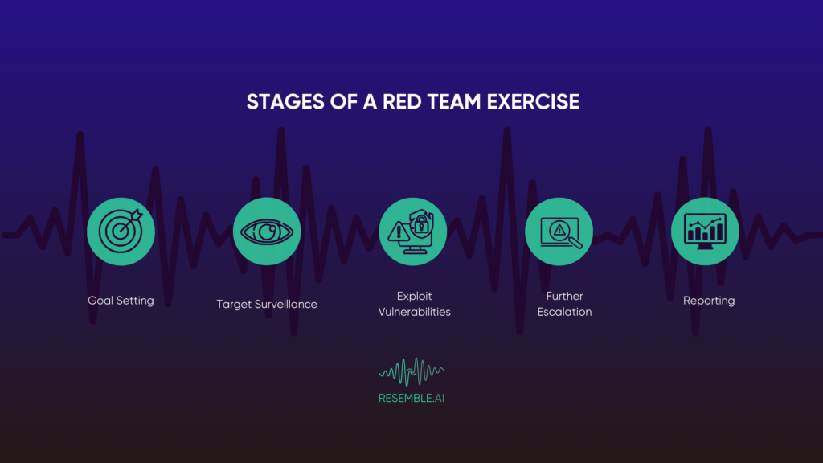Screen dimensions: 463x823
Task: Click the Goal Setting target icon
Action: pyautogui.click(x=121, y=231)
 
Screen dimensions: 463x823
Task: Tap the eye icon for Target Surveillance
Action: pyautogui.click(x=267, y=231)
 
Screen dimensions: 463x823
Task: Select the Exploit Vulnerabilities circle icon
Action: pyautogui.click(x=412, y=231)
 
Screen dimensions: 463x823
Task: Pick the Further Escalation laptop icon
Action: pyautogui.click(x=559, y=231)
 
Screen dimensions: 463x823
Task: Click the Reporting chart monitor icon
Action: pyautogui.click(x=704, y=231)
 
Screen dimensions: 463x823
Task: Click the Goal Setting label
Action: pyautogui.click(x=121, y=301)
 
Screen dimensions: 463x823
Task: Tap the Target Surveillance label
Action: pyautogui.click(x=267, y=304)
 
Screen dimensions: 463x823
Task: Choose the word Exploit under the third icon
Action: pyautogui.click(x=414, y=296)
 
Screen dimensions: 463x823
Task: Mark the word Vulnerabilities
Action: pyautogui.click(x=414, y=312)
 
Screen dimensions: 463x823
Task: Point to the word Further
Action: pyautogui.click(x=564, y=296)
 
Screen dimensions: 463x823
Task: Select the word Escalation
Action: pyautogui.click(x=564, y=312)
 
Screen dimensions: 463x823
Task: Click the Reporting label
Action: pyautogui.click(x=709, y=301)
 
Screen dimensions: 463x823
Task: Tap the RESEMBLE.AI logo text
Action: pyautogui.click(x=411, y=397)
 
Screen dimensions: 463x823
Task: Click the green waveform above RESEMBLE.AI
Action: pyautogui.click(x=411, y=371)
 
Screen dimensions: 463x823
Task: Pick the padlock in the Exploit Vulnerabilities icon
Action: pyautogui.click(x=419, y=225)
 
